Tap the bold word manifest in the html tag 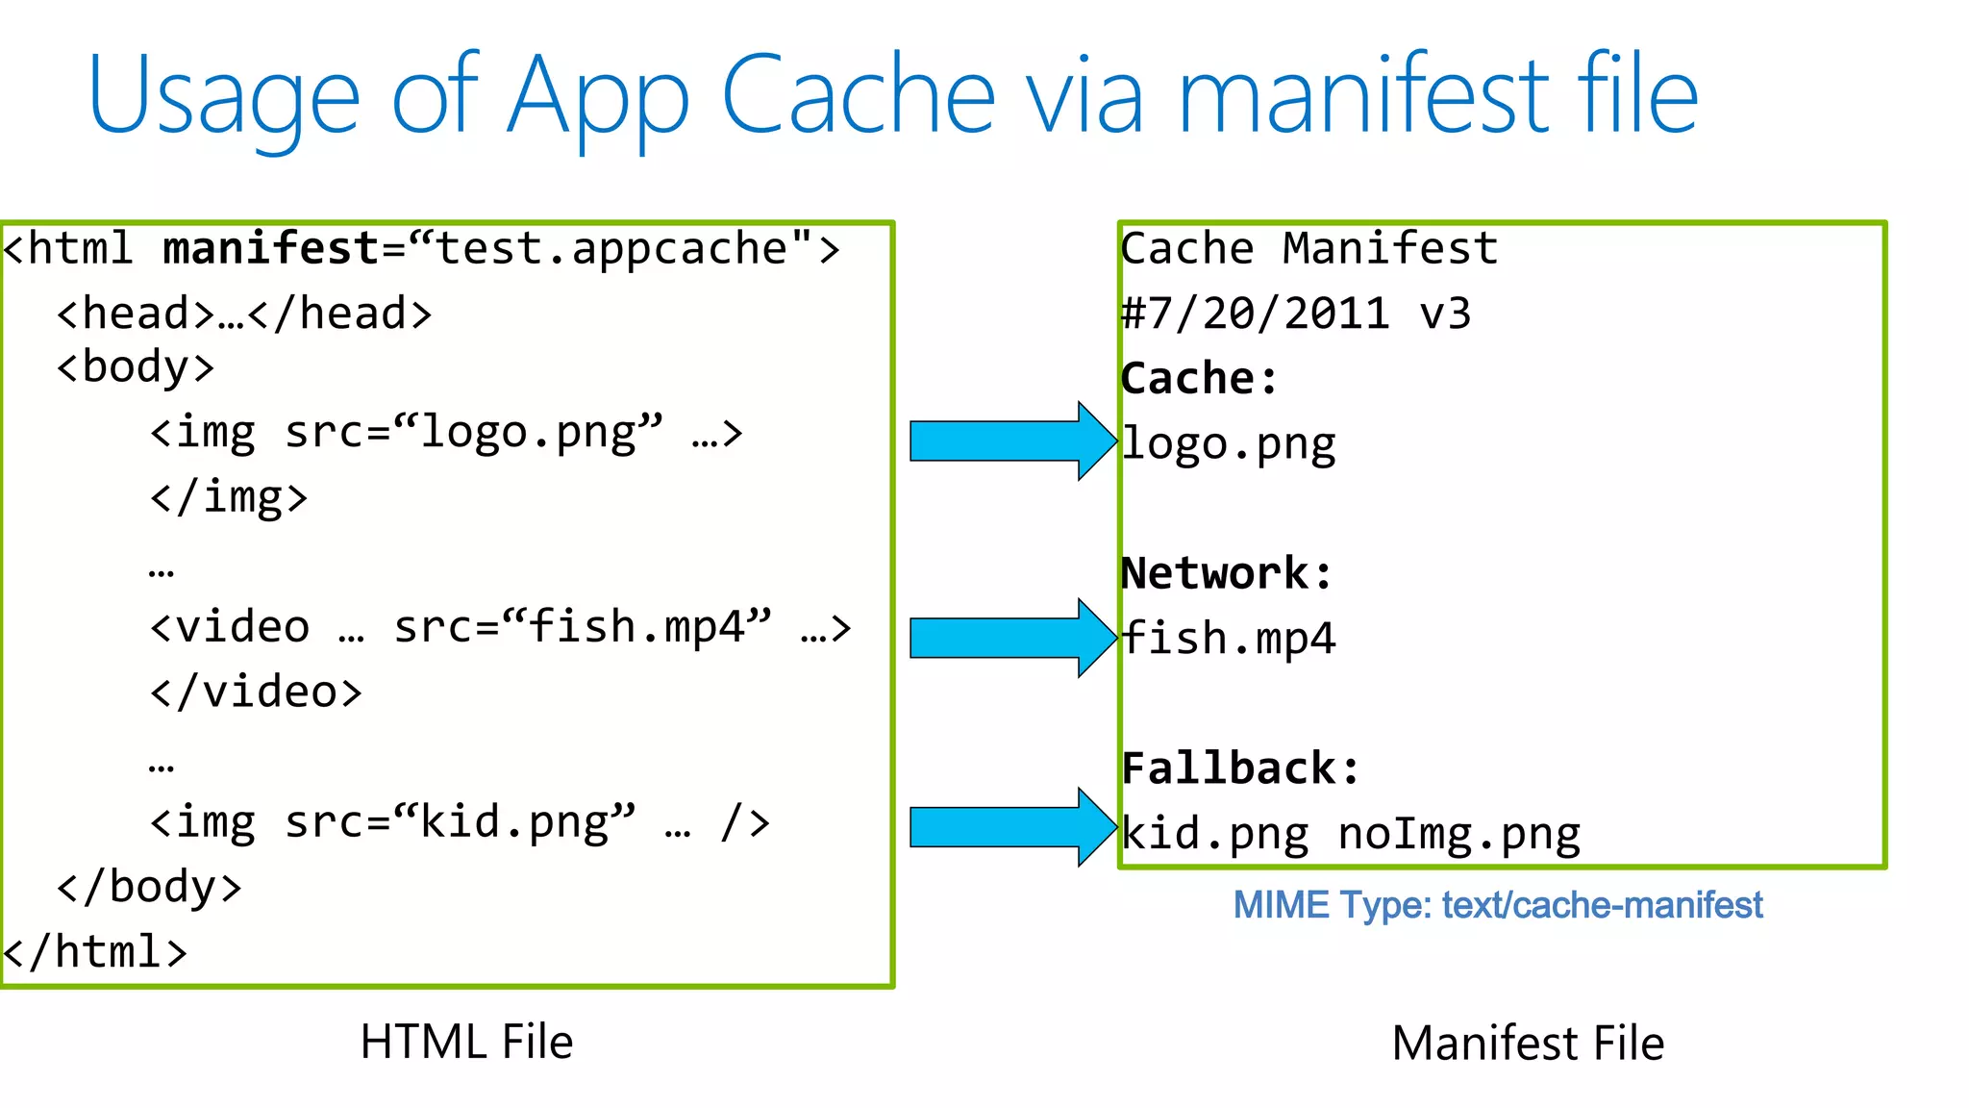(271, 249)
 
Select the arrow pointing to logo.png (1010, 441)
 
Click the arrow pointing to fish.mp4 (1010, 638)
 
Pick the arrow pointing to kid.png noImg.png (1010, 827)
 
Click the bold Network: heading (1227, 574)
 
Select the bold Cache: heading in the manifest (1199, 379)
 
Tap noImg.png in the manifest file (1458, 834)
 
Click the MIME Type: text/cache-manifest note (1497, 905)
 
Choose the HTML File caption (466, 1043)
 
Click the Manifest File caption (1528, 1044)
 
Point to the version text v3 (1444, 315)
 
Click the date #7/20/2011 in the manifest (1256, 315)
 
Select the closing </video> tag (256, 692)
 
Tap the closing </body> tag (149, 887)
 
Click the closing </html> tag (94, 952)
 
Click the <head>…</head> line (244, 315)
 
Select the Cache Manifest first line (1309, 249)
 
